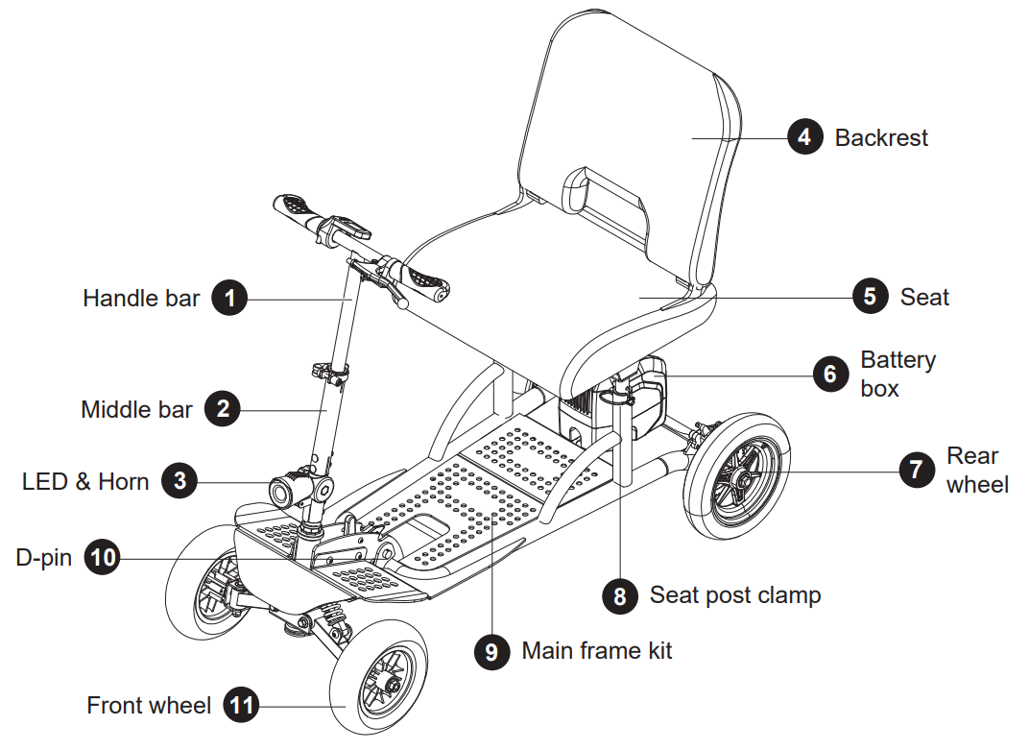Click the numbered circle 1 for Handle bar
(229, 298)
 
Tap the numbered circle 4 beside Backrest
(804, 137)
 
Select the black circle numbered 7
(916, 469)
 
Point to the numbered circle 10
(103, 557)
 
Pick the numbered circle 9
(491, 651)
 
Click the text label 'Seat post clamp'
(734, 595)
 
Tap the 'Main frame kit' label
(596, 651)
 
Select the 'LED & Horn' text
(85, 480)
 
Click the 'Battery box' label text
(897, 374)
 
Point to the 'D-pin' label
(43, 557)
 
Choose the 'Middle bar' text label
(136, 410)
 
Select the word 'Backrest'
(881, 138)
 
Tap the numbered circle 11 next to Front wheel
(241, 707)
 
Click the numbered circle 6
(830, 373)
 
